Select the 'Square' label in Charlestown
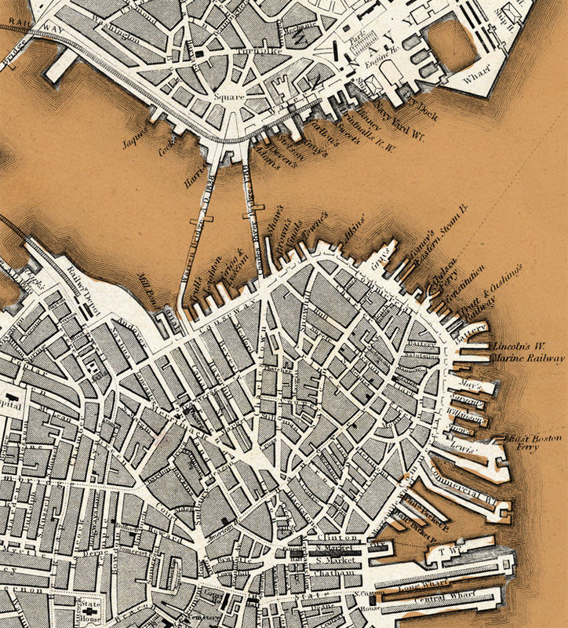pos(229,97)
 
